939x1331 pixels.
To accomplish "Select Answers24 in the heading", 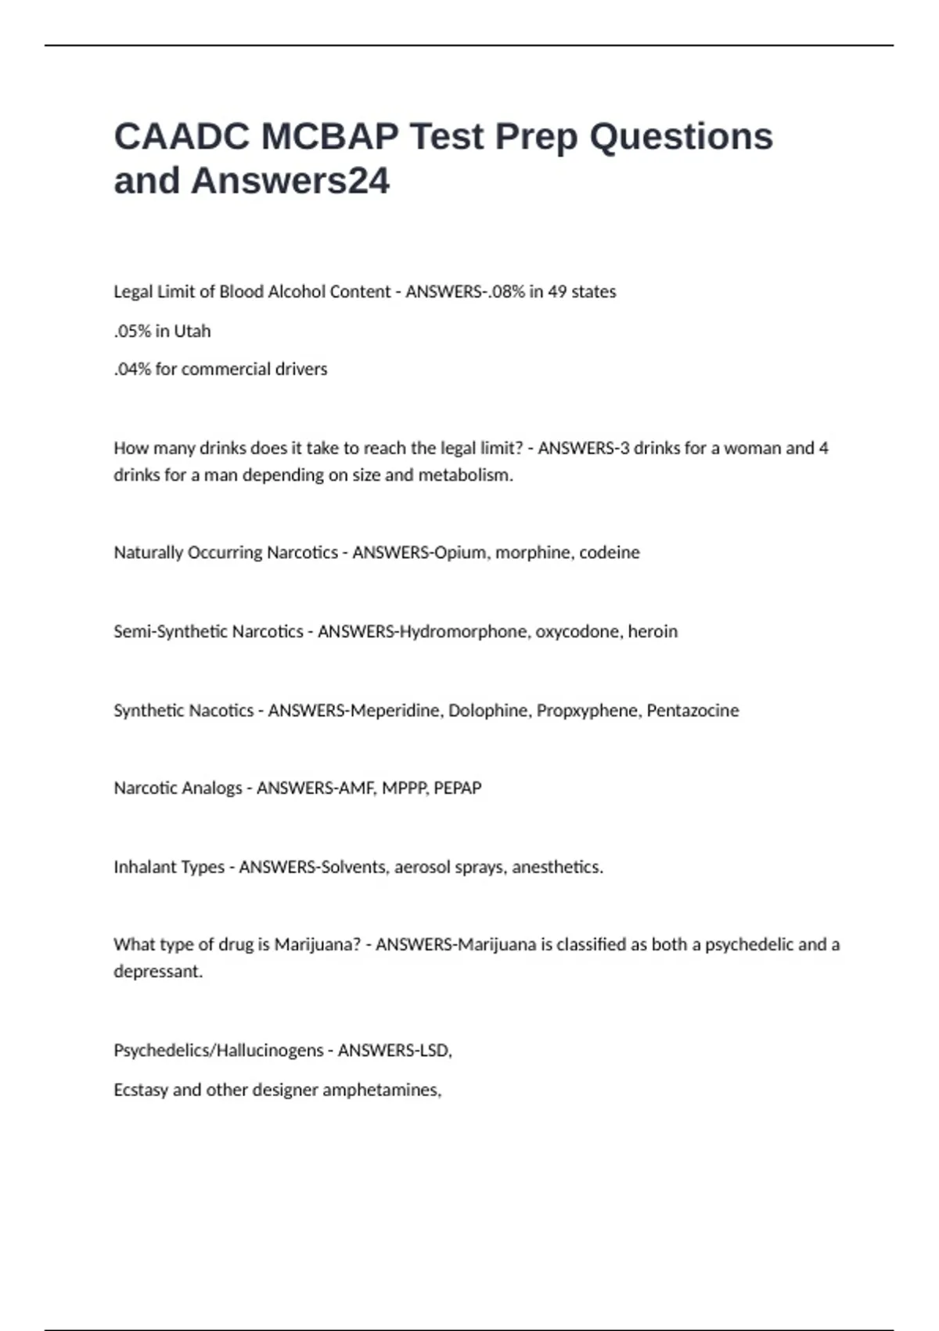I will (290, 181).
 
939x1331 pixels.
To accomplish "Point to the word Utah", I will (192, 331).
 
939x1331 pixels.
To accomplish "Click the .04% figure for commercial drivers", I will (132, 369).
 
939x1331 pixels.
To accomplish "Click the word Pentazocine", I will (693, 711).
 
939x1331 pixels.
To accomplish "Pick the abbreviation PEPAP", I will (458, 788).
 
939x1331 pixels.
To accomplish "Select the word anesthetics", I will (557, 867).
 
